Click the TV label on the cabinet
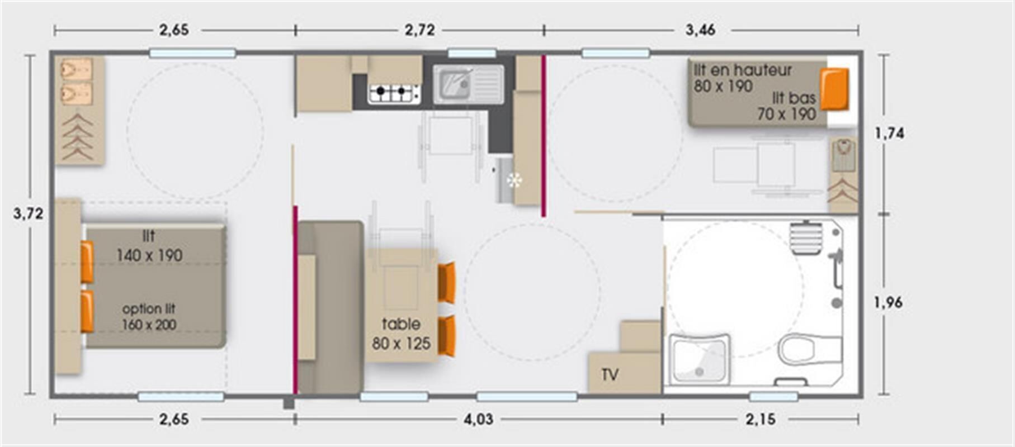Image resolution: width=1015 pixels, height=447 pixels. point(610,374)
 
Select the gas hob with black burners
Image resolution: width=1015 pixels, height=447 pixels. point(394,93)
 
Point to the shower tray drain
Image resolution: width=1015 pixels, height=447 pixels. point(698,372)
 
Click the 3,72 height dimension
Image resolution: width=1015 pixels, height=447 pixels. point(28,213)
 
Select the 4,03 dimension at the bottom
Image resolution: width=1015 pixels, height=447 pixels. point(478,419)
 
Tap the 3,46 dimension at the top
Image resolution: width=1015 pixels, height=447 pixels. point(700,30)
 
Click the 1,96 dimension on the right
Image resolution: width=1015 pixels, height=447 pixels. point(888,302)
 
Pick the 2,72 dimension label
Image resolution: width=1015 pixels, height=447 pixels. point(419,30)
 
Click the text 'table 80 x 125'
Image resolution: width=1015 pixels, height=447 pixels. point(401,334)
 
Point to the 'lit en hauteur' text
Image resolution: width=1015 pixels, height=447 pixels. point(743,70)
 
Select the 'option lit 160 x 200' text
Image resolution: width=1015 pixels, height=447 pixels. point(149,316)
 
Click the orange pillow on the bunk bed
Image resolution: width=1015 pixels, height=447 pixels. point(834,89)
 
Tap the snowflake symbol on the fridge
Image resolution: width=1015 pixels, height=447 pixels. point(514,180)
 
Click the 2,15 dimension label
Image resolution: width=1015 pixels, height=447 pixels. point(761,419)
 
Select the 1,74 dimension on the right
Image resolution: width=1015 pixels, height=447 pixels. point(889,133)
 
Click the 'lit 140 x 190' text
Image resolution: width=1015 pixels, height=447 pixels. point(149,246)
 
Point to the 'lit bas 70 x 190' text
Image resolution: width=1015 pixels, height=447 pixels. point(787,106)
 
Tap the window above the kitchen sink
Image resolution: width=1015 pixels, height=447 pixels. point(472,54)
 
